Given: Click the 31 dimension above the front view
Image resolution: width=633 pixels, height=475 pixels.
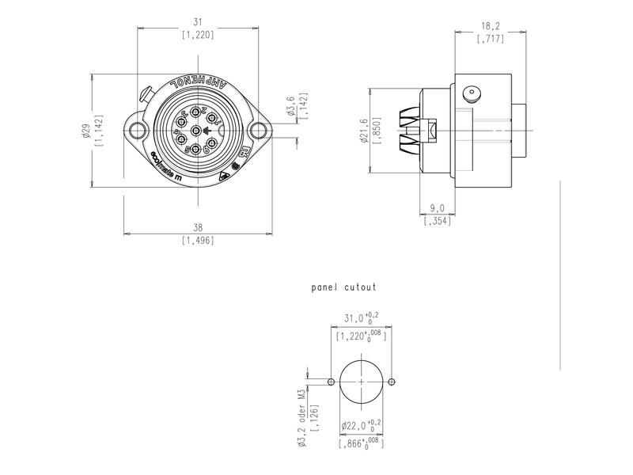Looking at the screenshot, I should click(197, 23).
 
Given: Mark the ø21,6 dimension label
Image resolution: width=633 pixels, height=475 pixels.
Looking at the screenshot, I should click(366, 131).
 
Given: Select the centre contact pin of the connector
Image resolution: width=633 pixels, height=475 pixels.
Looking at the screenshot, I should click(196, 131).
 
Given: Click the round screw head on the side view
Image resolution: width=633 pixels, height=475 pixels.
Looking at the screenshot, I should click(472, 93).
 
